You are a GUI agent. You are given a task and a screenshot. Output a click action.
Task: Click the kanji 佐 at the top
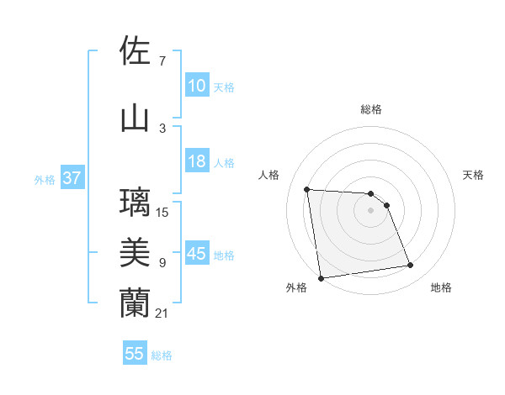coord(136,52)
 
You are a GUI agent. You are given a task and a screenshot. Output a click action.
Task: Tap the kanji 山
coord(136,118)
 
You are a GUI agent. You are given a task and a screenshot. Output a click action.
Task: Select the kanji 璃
coord(136,203)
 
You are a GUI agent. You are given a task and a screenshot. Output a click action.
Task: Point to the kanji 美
coord(136,252)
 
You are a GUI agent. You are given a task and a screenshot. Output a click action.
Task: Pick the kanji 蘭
coord(136,303)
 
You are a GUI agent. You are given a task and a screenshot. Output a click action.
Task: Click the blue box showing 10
coord(197,86)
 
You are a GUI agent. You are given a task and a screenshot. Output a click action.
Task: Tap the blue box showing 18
coord(197,161)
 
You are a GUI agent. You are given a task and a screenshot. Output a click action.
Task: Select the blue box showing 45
coord(197,254)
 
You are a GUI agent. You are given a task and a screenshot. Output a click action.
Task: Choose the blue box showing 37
coord(72,178)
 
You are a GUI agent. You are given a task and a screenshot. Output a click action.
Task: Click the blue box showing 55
coord(135,354)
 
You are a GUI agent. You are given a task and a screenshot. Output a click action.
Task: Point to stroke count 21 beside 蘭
coord(162,313)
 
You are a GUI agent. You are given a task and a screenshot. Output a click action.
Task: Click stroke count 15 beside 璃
coord(162,212)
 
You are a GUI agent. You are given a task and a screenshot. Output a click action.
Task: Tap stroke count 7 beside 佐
coord(162,61)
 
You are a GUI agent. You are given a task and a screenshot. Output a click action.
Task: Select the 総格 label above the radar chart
coord(371,109)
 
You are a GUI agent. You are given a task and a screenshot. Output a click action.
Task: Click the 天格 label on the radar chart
coord(474,175)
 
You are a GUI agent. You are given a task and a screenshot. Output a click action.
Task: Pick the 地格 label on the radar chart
coord(441,288)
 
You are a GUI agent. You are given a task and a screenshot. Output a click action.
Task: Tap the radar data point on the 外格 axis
coord(321,278)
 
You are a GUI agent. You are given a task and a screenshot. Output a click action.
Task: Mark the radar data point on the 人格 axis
coord(307,189)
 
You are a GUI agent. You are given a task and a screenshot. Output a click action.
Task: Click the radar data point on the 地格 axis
coord(411,266)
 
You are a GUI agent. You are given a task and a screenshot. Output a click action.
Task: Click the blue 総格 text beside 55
coord(162,355)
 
